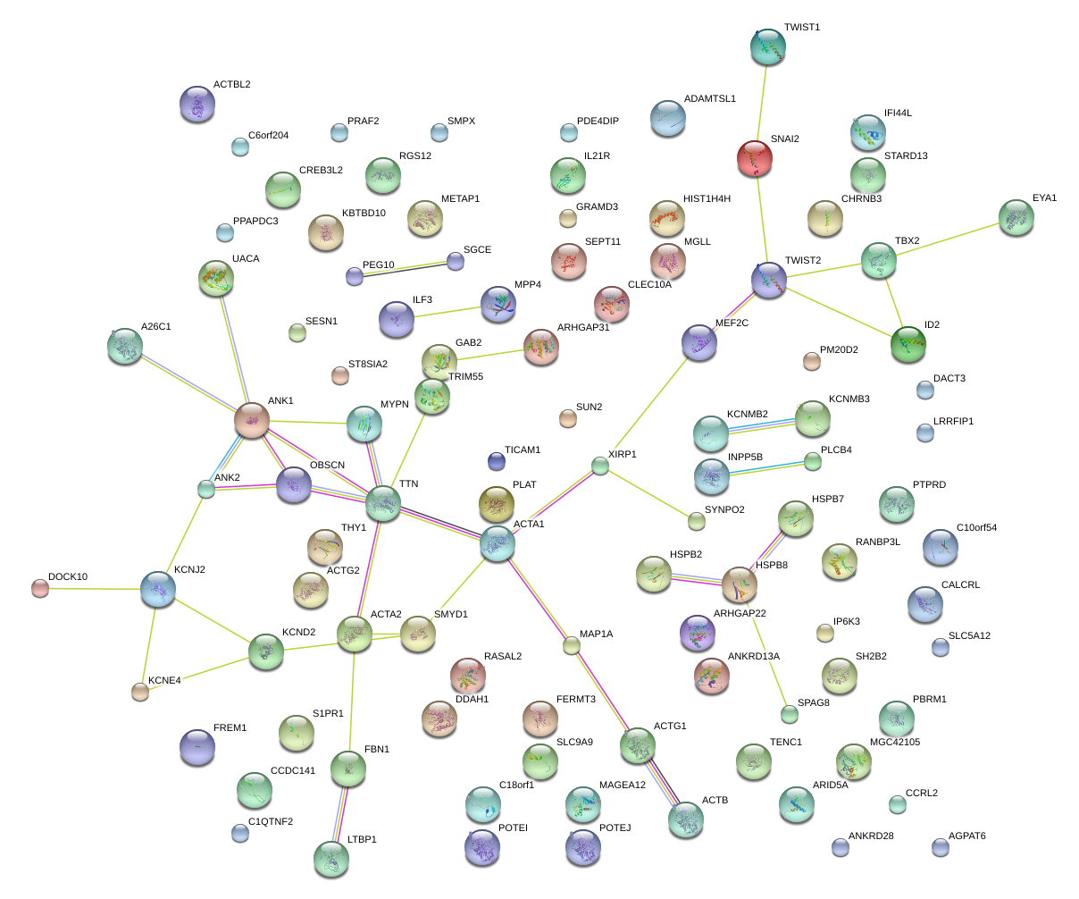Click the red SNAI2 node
click(x=755, y=158)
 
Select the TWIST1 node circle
click(x=768, y=46)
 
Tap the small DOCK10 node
click(x=40, y=588)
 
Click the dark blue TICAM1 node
click(x=497, y=462)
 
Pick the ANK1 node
click(x=252, y=420)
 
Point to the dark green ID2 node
click(x=908, y=344)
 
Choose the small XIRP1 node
click(x=600, y=466)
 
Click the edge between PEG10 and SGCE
click(x=405, y=269)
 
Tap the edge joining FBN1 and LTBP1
click(x=340, y=814)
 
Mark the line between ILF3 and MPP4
click(x=447, y=312)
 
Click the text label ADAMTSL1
click(x=709, y=98)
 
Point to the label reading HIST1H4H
click(x=707, y=199)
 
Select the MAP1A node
click(x=571, y=645)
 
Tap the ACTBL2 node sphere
click(x=197, y=104)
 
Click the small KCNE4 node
click(x=140, y=692)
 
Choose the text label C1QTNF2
click(x=271, y=821)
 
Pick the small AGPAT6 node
click(x=941, y=847)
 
